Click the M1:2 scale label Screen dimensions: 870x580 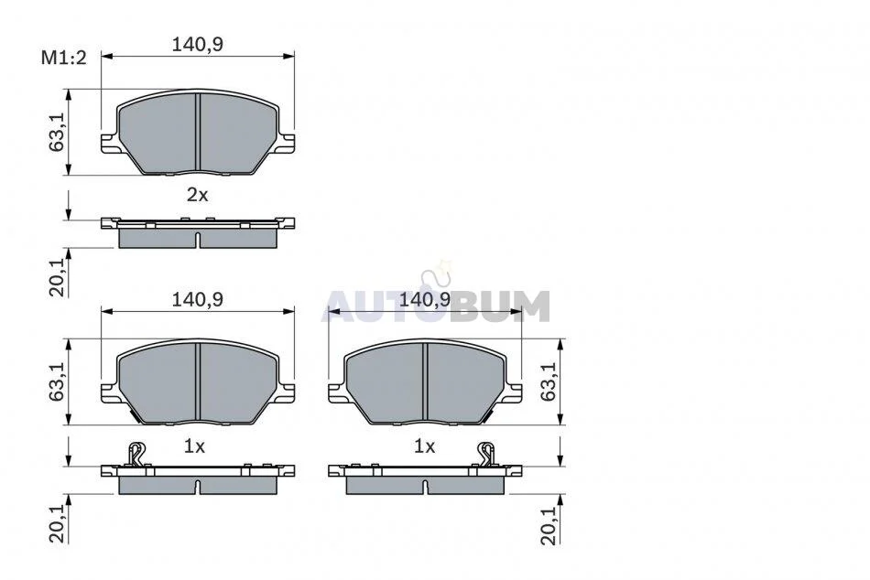(x=64, y=58)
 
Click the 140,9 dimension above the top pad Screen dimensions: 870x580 (x=198, y=44)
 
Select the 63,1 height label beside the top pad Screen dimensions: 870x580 (x=57, y=133)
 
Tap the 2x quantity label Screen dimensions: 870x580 (x=197, y=195)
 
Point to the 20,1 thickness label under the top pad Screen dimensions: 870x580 (x=57, y=276)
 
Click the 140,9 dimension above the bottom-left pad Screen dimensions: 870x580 (x=198, y=299)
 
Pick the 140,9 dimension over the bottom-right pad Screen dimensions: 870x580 (x=425, y=300)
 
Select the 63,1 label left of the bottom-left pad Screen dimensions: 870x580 (x=57, y=382)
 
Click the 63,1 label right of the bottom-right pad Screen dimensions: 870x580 (x=549, y=382)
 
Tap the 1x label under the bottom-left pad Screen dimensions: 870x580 (x=195, y=446)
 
